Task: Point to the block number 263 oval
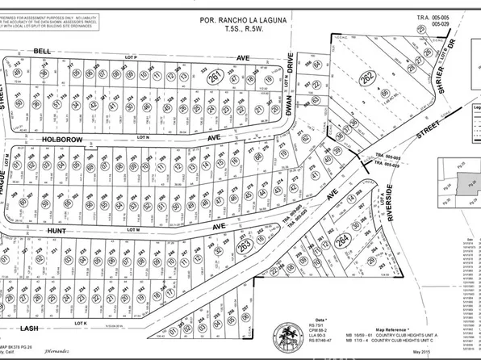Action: tap(243, 245)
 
